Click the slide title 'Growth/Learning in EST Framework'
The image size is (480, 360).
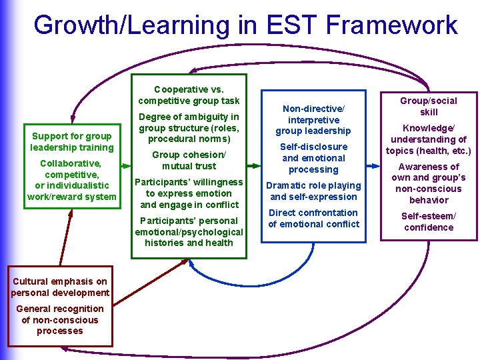click(x=245, y=25)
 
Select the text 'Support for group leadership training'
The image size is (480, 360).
click(x=72, y=141)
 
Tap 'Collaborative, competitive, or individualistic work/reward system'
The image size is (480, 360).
click(x=72, y=180)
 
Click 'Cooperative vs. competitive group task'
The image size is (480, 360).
click(x=189, y=95)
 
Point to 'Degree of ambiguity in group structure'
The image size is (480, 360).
click(x=189, y=128)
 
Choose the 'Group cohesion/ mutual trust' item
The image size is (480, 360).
click(x=189, y=160)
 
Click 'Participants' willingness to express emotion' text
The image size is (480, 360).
click(x=189, y=193)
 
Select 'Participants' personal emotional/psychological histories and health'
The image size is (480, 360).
click(x=189, y=231)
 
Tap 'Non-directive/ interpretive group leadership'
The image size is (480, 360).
click(x=313, y=119)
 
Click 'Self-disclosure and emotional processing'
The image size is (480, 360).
click(x=313, y=158)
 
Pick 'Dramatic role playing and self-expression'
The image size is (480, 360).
click(x=313, y=191)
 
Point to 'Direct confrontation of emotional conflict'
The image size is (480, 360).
click(x=313, y=218)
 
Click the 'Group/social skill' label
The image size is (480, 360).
click(x=429, y=106)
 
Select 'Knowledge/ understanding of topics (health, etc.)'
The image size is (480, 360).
click(x=429, y=139)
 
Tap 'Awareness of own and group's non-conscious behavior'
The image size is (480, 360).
click(x=429, y=183)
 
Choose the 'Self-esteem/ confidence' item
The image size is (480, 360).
click(x=429, y=221)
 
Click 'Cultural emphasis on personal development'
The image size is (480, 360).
click(x=60, y=287)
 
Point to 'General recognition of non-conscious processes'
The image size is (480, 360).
click(x=60, y=319)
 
